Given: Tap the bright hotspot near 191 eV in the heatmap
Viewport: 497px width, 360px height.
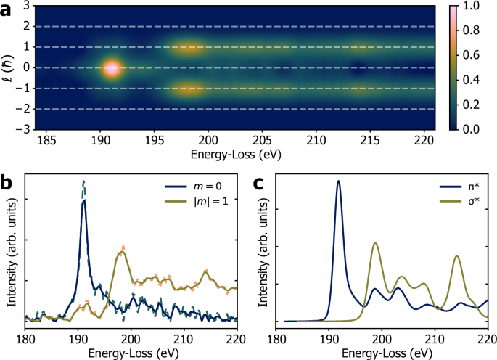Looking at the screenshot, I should [111, 68].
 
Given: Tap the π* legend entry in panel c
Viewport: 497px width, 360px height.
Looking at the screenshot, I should [462, 191].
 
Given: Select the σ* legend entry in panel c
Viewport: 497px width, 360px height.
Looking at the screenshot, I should [462, 205].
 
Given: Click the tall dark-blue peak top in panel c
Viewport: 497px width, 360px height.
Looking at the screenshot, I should [338, 181].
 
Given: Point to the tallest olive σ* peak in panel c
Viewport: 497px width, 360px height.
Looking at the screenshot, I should [375, 243].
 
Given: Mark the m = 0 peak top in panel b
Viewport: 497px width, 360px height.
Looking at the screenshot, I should [84, 201].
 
